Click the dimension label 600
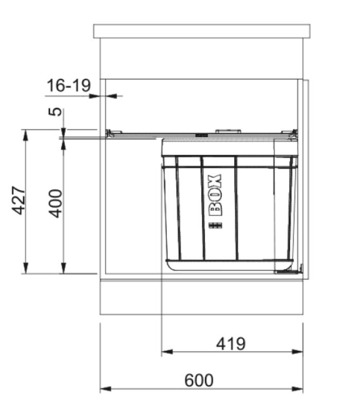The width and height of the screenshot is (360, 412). (198, 381)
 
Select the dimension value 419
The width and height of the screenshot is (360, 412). (230, 344)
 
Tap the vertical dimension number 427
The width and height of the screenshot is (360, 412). (19, 201)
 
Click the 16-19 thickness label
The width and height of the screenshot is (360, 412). (68, 85)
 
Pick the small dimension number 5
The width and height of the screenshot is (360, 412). (57, 111)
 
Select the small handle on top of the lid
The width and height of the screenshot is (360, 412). (228, 131)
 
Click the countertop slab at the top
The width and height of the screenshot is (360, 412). (201, 31)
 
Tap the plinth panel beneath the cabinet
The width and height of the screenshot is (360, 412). (201, 297)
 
